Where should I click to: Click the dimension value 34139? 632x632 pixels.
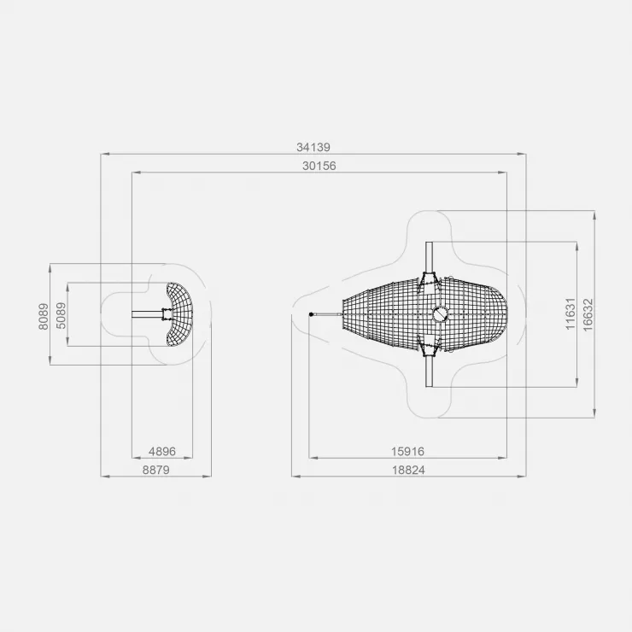pos(313,147)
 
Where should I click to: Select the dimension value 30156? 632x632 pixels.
pos(319,166)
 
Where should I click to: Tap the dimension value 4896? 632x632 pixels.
pos(162,451)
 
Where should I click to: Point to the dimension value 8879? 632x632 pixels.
pos(156,470)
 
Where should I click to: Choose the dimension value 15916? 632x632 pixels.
pos(407,451)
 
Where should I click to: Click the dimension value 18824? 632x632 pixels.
pos(408,470)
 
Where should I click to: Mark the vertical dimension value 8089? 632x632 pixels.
pos(44,316)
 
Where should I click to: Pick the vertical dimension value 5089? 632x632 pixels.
pos(61,316)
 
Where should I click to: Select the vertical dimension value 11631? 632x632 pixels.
pos(571,313)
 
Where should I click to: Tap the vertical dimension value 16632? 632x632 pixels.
pos(588,315)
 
